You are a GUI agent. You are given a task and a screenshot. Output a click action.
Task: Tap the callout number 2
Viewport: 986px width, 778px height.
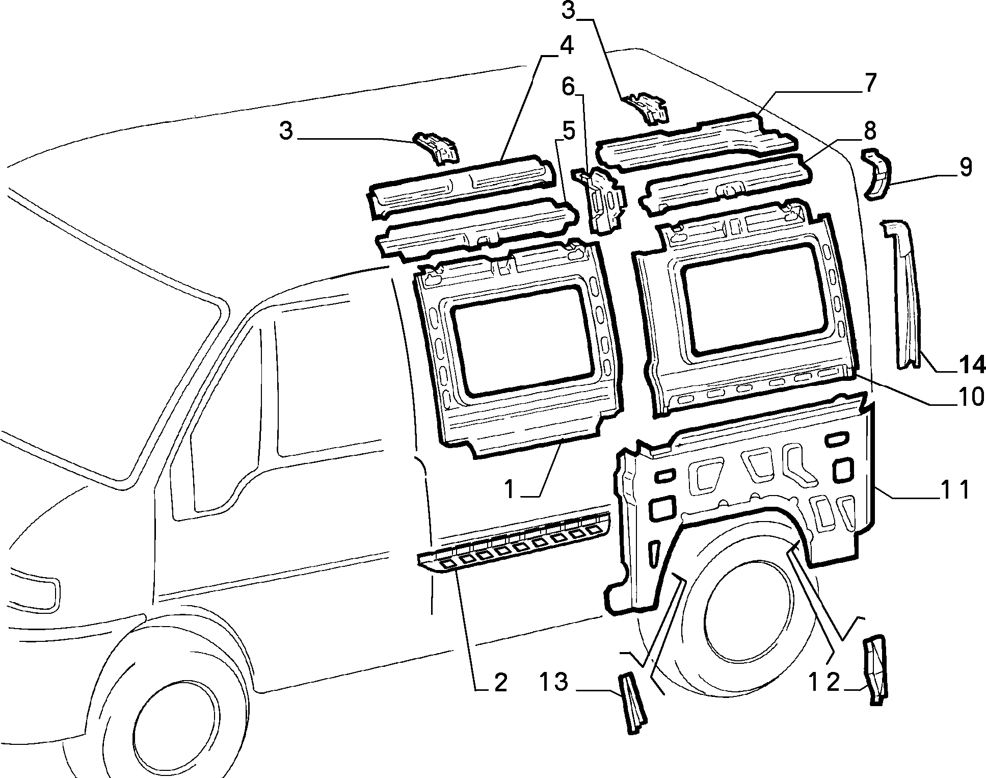[x=500, y=683]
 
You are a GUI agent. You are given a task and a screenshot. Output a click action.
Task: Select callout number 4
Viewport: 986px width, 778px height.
[x=566, y=46]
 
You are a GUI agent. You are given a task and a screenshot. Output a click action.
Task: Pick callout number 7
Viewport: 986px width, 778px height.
[x=869, y=84]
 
